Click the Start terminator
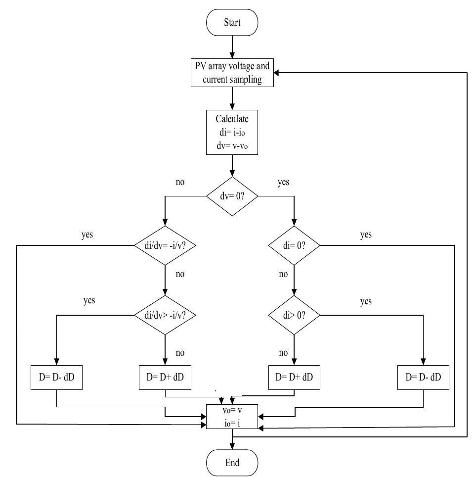click(232, 23)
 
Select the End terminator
click(232, 463)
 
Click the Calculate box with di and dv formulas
click(232, 133)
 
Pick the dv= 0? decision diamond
click(232, 195)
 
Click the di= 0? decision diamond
click(294, 245)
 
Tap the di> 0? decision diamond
click(294, 314)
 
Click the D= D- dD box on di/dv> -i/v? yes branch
click(57, 377)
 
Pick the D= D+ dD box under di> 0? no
click(294, 377)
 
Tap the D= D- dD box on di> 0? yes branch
click(424, 377)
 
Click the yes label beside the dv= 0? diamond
click(283, 183)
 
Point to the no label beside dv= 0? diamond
click(180, 183)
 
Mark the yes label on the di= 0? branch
click(366, 235)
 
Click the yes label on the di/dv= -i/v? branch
click(87, 235)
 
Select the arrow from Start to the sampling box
click(232, 48)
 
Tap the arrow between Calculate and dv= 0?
click(232, 165)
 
